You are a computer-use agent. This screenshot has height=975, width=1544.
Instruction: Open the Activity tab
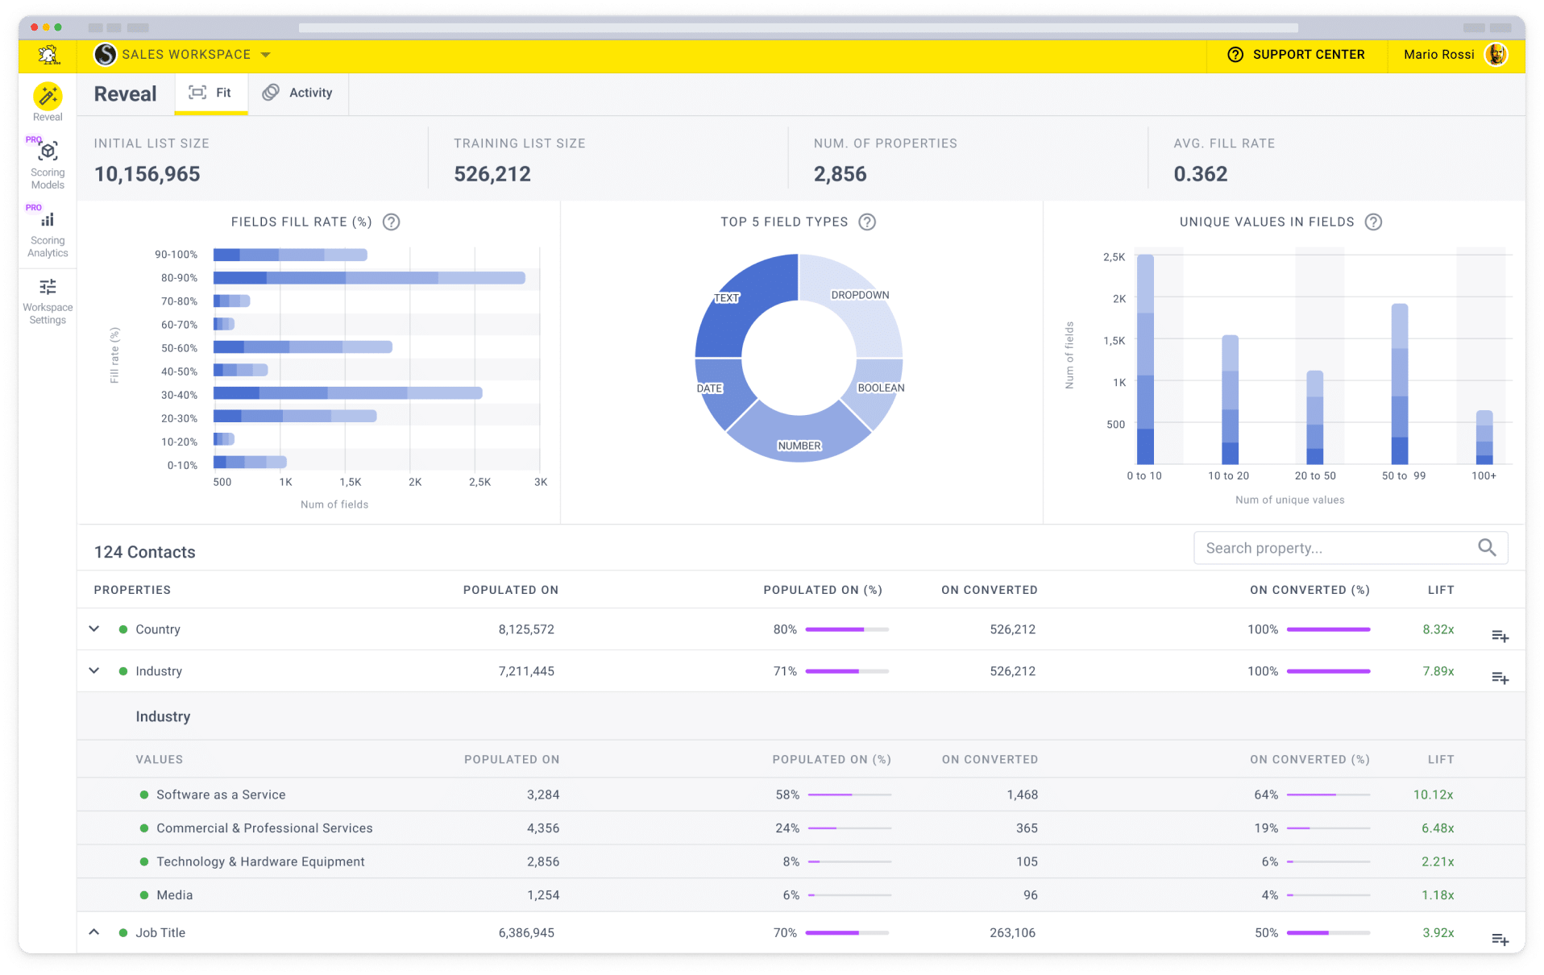click(x=298, y=93)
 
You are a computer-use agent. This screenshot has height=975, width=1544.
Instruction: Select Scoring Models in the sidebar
click(x=48, y=164)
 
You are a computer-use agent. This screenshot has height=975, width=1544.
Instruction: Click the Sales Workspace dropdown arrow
click(x=266, y=55)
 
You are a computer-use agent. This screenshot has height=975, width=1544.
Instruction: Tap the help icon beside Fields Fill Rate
click(x=391, y=222)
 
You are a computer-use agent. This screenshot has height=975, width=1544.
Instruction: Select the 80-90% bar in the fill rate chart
click(x=368, y=278)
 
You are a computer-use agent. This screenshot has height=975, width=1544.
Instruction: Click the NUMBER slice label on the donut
click(x=799, y=446)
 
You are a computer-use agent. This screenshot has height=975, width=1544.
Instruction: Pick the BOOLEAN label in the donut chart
click(x=880, y=388)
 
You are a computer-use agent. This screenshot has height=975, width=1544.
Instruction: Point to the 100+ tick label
click(x=1483, y=476)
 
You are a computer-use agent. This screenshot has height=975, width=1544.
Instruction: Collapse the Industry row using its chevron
click(x=94, y=670)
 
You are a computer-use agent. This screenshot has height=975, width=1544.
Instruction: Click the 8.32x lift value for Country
click(x=1438, y=629)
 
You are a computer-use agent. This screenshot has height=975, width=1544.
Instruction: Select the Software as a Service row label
click(x=221, y=795)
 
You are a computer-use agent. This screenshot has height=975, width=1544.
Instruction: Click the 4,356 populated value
click(x=542, y=828)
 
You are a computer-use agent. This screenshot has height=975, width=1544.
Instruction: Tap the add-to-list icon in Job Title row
click(x=1500, y=939)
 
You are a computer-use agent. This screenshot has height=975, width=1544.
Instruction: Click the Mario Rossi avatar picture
click(x=1496, y=55)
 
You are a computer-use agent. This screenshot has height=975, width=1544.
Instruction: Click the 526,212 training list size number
click(x=492, y=174)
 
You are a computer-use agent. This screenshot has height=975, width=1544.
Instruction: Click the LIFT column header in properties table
click(x=1440, y=590)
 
